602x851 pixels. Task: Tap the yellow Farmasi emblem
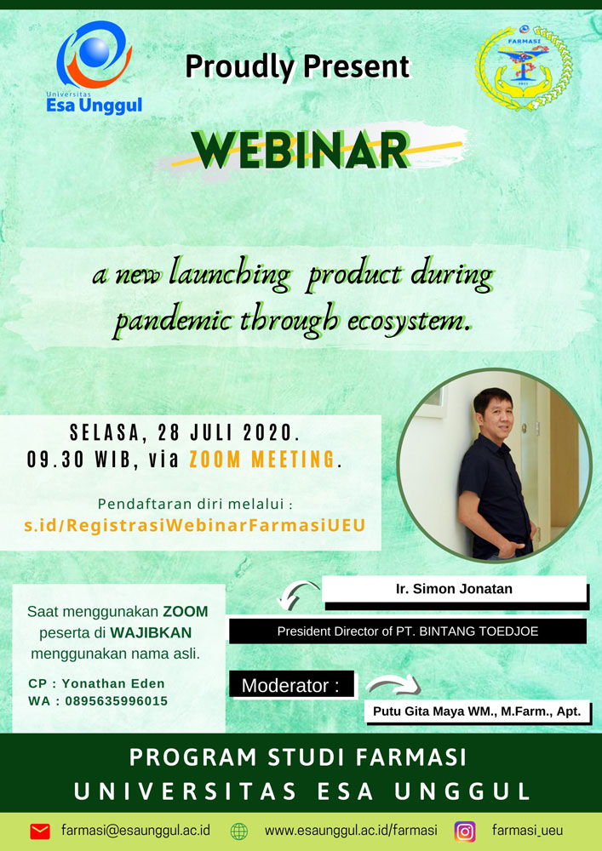click(x=524, y=67)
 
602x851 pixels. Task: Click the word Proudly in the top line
click(x=239, y=67)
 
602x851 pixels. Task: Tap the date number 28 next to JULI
click(x=169, y=433)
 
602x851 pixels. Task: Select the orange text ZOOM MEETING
click(x=262, y=460)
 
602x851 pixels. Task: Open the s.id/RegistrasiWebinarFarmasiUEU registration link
click(x=195, y=525)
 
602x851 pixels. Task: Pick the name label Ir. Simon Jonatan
click(x=454, y=589)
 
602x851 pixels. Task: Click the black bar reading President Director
click(x=408, y=631)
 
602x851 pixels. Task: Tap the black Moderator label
click(x=291, y=685)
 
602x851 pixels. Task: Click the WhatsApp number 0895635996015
click(x=116, y=701)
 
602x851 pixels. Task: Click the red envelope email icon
click(x=40, y=831)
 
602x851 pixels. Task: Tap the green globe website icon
click(x=239, y=831)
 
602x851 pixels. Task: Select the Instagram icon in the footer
click(x=465, y=831)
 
